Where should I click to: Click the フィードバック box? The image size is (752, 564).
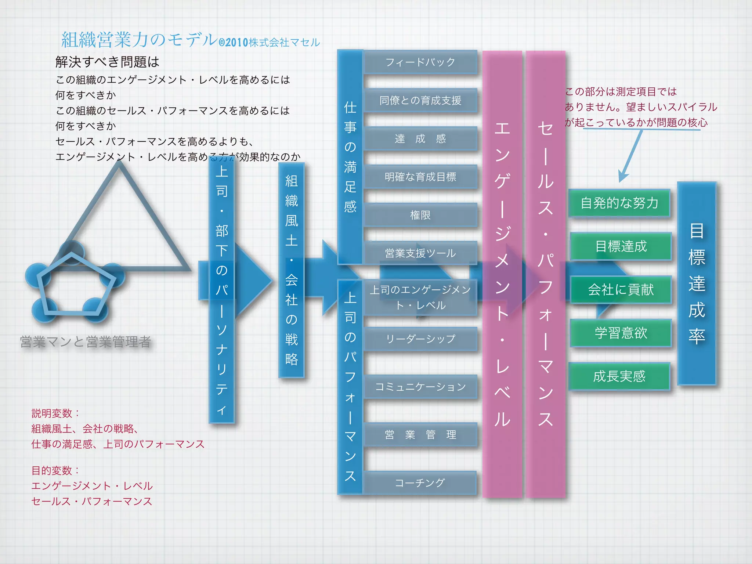coord(420,62)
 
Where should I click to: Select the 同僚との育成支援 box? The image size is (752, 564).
coord(420,100)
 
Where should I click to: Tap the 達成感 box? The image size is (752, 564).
coord(420,138)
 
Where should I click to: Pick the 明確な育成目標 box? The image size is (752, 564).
coord(420,177)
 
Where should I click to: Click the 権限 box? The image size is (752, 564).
coord(420,215)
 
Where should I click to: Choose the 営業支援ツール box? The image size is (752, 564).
coord(420,253)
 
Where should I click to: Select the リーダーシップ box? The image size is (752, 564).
coord(420,339)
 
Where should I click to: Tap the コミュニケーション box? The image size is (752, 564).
coord(420,387)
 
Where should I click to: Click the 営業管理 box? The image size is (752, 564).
coord(420,435)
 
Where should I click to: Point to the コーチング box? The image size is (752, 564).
coord(420,482)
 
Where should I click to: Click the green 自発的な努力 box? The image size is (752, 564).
coord(619,203)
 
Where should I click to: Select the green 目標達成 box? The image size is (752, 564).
coord(621,246)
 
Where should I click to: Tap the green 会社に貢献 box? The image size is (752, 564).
coord(621,289)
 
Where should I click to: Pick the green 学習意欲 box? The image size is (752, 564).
coord(621,333)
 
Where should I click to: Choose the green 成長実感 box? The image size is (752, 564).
coord(619,376)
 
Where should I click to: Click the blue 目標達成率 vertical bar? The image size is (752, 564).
coord(697,283)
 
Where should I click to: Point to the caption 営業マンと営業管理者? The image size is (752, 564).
coord(85,342)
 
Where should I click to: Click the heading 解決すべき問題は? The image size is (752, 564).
coord(107,62)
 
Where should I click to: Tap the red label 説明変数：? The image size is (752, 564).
coord(55,413)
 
